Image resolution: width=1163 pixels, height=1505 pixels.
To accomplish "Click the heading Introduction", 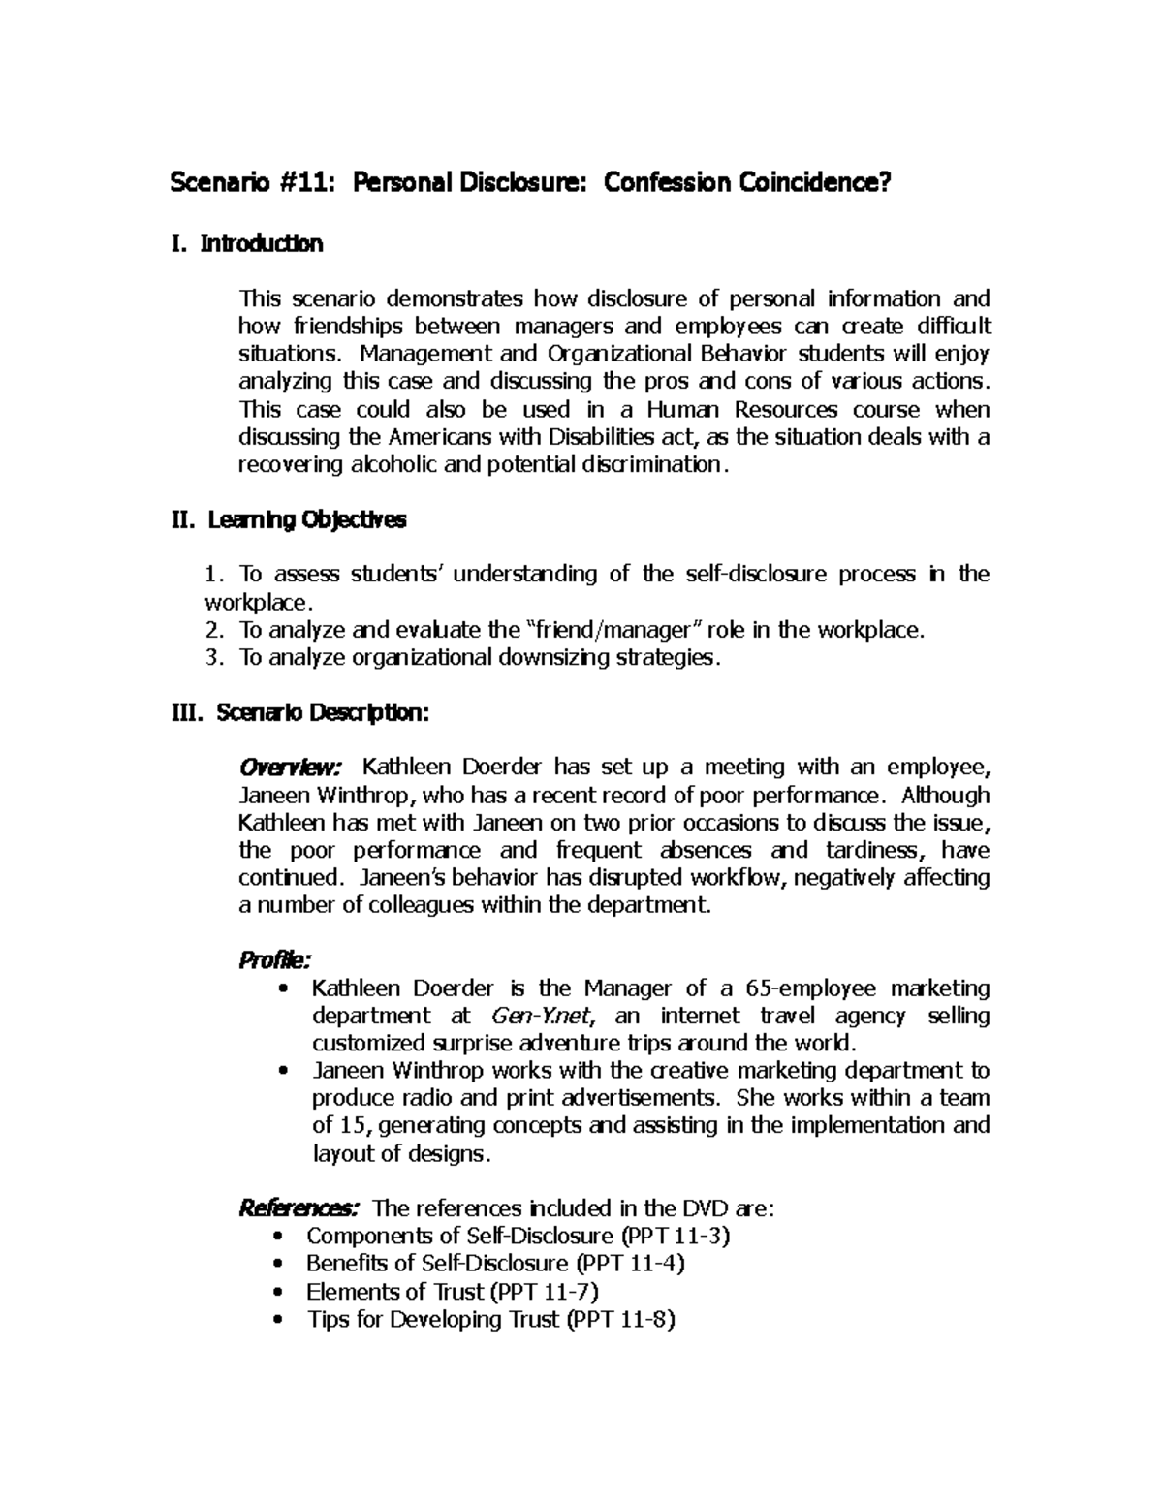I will coord(261,243).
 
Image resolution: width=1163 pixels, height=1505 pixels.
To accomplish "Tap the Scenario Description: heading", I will coord(322,713).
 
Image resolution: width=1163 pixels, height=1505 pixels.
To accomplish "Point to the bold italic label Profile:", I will coord(275,960).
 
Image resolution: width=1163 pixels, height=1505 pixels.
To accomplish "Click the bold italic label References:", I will coord(299,1208).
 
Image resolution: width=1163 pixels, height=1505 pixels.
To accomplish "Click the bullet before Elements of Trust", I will coord(280,1293).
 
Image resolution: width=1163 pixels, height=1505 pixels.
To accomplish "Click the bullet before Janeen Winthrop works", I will coord(283,1072).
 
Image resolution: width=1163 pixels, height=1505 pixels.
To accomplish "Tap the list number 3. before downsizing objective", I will coord(214,658).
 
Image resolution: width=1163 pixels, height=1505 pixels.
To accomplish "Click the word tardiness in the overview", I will coord(869,851).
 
